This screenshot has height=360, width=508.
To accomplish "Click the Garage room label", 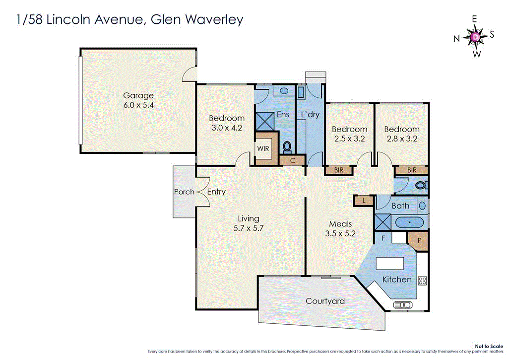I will click(x=138, y=95).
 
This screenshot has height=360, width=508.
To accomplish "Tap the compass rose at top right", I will click(x=475, y=36).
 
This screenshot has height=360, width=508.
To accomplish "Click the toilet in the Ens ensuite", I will click(x=287, y=146).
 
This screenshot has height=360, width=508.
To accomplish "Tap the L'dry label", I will click(x=310, y=114).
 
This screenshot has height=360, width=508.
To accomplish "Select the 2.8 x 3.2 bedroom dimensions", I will click(x=401, y=139).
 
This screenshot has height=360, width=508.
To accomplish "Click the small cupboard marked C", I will click(x=292, y=160).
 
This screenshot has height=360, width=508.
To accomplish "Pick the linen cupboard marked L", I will click(x=364, y=201).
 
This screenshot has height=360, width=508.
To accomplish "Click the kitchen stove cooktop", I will click(x=423, y=281).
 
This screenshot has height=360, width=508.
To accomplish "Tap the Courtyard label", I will click(x=325, y=301).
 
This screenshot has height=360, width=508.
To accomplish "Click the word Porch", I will click(x=184, y=192).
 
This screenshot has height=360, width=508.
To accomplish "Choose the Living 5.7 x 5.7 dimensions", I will click(x=249, y=228).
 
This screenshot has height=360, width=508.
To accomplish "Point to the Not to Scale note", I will click(x=489, y=346).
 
